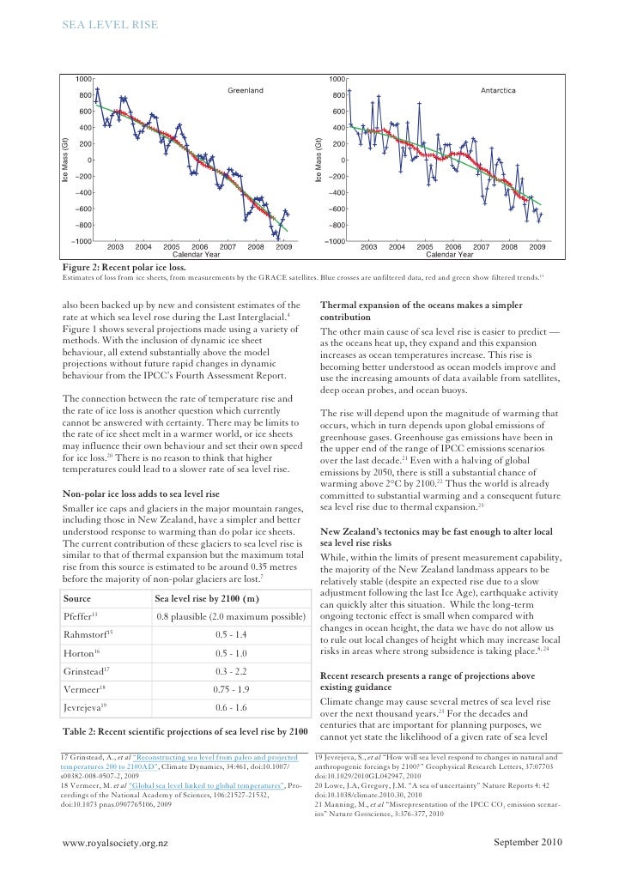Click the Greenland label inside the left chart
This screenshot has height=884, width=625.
246,89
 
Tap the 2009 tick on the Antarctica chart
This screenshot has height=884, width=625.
537,247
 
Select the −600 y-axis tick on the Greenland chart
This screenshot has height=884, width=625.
83,209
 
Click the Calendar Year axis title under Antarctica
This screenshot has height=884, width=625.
450,255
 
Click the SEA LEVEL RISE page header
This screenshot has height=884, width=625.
110,26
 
